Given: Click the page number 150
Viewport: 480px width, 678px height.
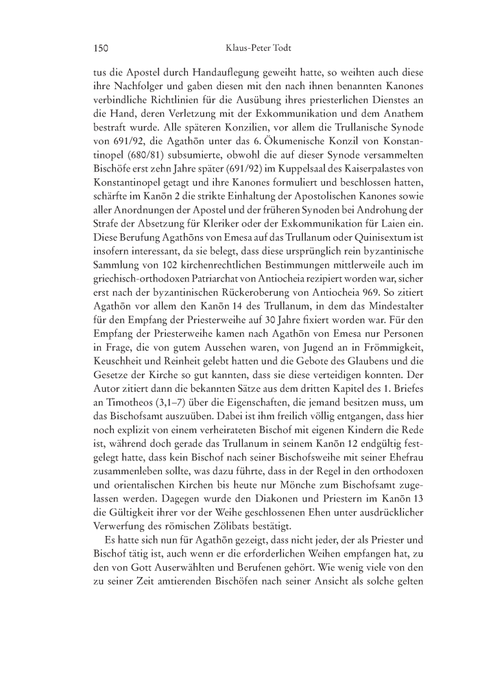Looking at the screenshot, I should [x=101, y=49].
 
